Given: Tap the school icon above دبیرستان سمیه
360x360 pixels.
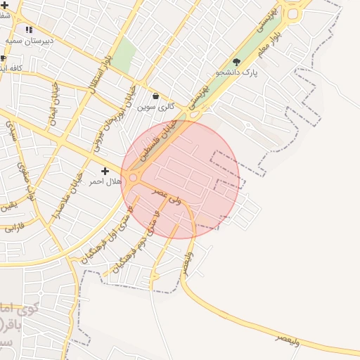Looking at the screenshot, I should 29,30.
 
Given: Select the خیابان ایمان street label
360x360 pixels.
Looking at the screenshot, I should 53,106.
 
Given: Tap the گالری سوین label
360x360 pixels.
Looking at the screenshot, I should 155,107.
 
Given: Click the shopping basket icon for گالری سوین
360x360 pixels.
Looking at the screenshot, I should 155,96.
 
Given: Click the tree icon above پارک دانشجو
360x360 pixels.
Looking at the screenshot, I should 236,62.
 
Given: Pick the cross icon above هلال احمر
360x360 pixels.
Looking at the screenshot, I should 105,171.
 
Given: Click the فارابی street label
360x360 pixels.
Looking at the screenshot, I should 13,229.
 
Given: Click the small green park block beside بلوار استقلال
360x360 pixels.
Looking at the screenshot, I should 124,54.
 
